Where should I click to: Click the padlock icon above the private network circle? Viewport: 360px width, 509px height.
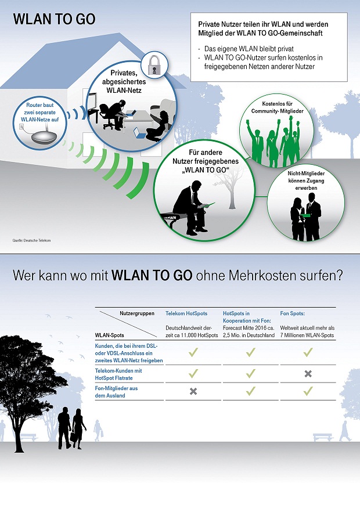(154, 65)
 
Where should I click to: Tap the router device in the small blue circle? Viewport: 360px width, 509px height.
(44, 136)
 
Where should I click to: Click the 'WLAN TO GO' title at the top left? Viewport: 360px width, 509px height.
(54, 19)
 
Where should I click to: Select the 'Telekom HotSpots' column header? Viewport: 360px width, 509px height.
(186, 313)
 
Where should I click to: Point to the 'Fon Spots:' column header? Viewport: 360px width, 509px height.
(293, 313)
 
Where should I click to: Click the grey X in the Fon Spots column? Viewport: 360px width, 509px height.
(308, 374)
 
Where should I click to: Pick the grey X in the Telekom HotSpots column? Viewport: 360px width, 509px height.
(193, 392)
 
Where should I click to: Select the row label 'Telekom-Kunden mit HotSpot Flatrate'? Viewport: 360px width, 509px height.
(118, 374)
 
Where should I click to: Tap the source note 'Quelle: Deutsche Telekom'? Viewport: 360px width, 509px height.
(31, 240)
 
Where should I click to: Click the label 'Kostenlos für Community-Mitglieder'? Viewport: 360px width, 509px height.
(277, 107)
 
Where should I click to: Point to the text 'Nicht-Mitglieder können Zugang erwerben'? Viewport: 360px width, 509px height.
(306, 181)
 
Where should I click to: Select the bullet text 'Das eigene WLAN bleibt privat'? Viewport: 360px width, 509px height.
(249, 49)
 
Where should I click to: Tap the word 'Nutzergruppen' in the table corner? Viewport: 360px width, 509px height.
(137, 313)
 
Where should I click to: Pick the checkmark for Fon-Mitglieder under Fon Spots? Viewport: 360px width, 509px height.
(308, 391)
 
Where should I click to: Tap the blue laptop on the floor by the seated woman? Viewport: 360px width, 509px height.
(139, 132)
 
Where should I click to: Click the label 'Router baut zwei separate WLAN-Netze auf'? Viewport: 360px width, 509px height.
(39, 113)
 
